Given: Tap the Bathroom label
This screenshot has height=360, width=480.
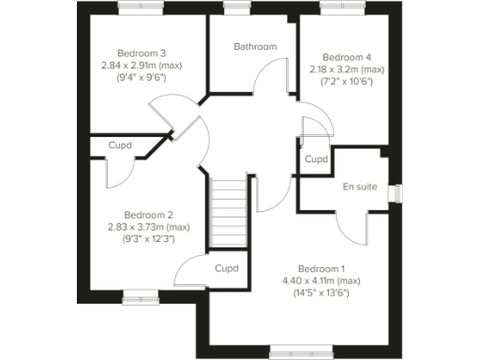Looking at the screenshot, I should [255, 47].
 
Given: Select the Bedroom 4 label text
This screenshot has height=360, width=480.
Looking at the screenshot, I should [347, 56].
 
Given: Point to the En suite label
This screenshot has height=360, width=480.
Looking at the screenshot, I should [360, 187].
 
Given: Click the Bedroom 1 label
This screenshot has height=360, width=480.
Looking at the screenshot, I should [322, 267].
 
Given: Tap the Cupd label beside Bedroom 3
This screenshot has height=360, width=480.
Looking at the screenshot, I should [120, 145].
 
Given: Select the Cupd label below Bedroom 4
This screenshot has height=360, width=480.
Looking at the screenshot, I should [317, 160].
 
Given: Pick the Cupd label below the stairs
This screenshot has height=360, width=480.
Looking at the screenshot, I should [227, 269].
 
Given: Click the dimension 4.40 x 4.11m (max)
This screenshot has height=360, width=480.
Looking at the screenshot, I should [322, 280].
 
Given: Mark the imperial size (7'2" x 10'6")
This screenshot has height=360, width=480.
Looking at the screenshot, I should [347, 82].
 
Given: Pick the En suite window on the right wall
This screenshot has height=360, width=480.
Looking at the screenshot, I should [397, 191].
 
